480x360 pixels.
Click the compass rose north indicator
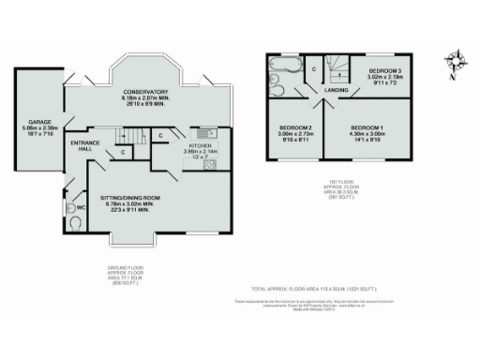[455, 60]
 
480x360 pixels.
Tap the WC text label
[82, 206]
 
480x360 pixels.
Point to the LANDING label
[337, 90]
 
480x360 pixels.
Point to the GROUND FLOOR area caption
[125, 270]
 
